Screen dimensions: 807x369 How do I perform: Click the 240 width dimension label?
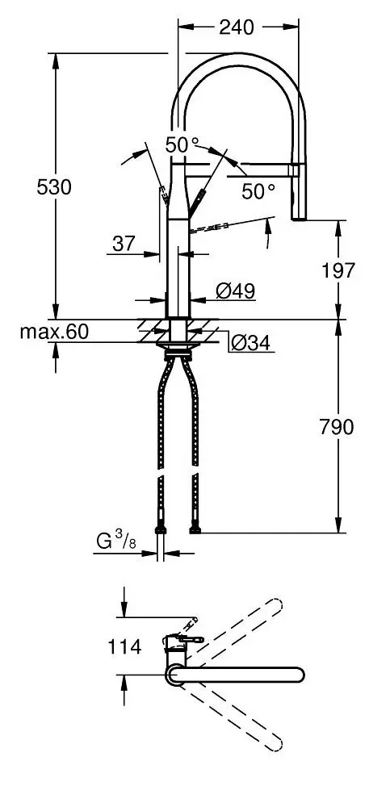pos(236,27)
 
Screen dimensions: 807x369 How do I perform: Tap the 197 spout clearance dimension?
pos(338,270)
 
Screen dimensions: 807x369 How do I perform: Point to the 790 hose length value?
pos(337,427)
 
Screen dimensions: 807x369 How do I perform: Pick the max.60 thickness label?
pos(56,332)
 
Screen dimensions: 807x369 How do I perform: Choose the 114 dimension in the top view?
pos(124,646)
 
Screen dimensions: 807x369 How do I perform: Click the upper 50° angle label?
pos(182,145)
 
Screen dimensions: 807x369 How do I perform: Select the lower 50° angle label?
pos(258,191)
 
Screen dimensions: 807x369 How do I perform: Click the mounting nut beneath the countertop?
pos(178,349)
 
